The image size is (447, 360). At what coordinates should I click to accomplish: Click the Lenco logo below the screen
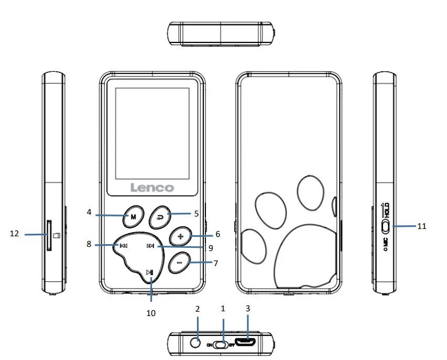pyautogui.click(x=151, y=187)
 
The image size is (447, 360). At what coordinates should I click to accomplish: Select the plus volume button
pyautogui.click(x=180, y=236)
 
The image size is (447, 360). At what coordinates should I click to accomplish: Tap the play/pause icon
pyautogui.click(x=150, y=271)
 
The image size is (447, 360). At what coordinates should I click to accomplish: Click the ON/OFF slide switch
pyautogui.click(x=223, y=344)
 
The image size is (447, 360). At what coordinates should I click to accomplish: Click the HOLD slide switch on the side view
pyautogui.click(x=386, y=227)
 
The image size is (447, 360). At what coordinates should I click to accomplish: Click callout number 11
pyautogui.click(x=421, y=226)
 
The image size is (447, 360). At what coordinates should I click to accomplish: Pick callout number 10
pyautogui.click(x=151, y=313)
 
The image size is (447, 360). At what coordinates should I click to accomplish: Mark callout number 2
pyautogui.click(x=197, y=309)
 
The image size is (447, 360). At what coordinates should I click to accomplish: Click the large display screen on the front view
pyautogui.click(x=151, y=132)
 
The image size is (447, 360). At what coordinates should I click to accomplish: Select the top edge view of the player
pyautogui.click(x=221, y=34)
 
